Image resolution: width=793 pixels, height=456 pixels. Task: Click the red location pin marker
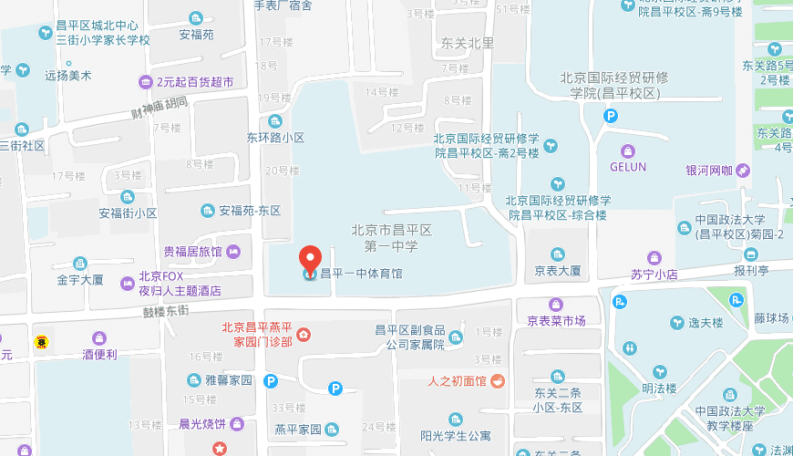[x=311, y=259]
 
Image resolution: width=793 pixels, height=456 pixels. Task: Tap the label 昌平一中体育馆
[x=360, y=273]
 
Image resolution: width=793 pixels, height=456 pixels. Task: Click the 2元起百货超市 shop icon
[x=146, y=82]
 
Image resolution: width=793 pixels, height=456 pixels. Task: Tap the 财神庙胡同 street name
[x=160, y=110]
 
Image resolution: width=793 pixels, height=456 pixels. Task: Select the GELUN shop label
[x=627, y=167]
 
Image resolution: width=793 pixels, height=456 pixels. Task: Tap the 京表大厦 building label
[x=558, y=271]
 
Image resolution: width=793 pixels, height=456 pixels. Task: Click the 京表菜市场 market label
[x=556, y=321]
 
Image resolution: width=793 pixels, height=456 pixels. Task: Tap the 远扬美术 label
[x=68, y=77]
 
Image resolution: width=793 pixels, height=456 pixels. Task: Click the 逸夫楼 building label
[x=705, y=322]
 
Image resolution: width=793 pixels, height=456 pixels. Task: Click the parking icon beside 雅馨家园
[x=270, y=381]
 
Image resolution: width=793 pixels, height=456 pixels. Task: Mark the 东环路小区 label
[x=275, y=138]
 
